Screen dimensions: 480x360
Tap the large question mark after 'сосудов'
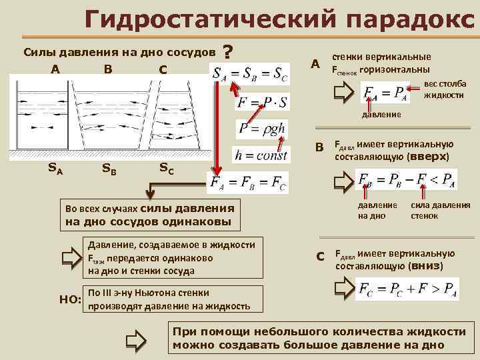pyautogui.click(x=229, y=53)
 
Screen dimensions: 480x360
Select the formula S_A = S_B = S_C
pyautogui.click(x=250, y=73)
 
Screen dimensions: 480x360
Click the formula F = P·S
pyautogui.click(x=261, y=103)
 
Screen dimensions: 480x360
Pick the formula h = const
pyautogui.click(x=261, y=155)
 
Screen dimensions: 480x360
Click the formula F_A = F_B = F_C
pyautogui.click(x=248, y=183)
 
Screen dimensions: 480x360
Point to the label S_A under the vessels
pyautogui.click(x=55, y=169)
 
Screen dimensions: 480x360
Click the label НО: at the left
pyautogui.click(x=69, y=301)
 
